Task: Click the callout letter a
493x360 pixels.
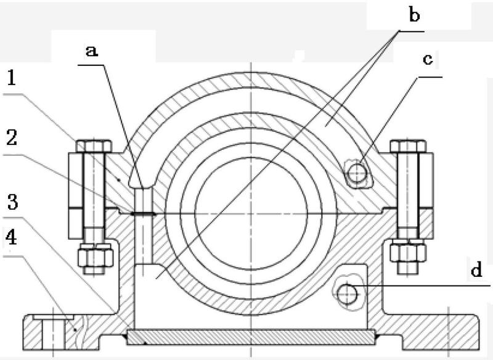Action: (91, 51)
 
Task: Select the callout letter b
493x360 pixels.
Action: (414, 14)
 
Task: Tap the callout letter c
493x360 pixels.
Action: (428, 59)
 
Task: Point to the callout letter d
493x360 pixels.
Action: (476, 269)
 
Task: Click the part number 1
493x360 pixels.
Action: (12, 78)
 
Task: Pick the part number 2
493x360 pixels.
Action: (12, 137)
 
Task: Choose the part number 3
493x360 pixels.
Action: (12, 202)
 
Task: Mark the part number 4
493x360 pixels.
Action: (11, 238)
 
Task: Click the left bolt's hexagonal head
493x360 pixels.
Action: (94, 146)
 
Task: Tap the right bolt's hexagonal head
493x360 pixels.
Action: (408, 146)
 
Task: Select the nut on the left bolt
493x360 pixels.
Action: (96, 255)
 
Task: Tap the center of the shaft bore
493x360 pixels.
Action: (251, 214)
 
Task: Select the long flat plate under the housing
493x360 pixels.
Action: (251, 337)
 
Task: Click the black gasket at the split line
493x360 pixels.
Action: (144, 214)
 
